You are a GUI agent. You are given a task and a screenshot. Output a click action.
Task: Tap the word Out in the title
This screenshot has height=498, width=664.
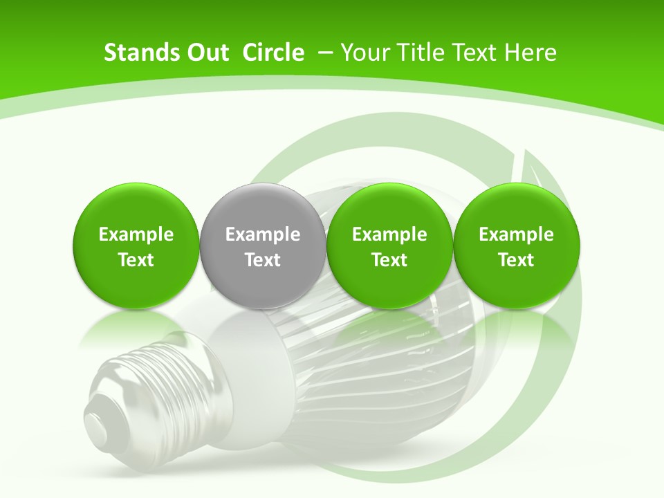206,53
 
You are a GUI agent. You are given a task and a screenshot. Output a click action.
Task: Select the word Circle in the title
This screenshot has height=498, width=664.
273,53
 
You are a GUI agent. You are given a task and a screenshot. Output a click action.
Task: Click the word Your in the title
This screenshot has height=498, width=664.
363,53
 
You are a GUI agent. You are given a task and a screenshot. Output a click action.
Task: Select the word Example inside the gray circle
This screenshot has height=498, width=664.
263,234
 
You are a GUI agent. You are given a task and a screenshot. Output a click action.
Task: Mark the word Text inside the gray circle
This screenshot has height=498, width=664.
263,260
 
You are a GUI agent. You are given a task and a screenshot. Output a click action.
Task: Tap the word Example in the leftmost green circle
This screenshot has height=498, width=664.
136,234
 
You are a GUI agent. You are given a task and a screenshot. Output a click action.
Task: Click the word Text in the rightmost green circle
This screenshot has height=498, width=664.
517,260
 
